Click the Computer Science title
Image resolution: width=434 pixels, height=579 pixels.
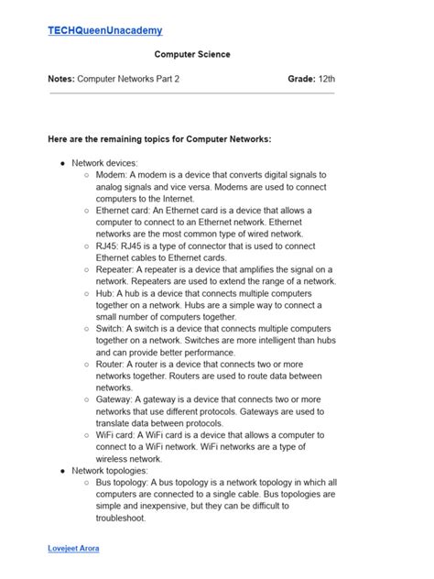click(192, 55)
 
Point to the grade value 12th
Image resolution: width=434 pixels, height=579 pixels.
click(327, 80)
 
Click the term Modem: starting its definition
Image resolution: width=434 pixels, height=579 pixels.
click(110, 174)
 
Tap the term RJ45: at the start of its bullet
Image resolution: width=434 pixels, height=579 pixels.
click(107, 246)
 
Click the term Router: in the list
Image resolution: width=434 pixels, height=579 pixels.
click(111, 365)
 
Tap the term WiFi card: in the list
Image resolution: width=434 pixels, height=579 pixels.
click(115, 435)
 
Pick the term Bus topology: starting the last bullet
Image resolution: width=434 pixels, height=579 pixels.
click(125, 483)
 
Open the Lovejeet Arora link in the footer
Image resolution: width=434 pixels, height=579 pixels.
click(74, 548)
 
